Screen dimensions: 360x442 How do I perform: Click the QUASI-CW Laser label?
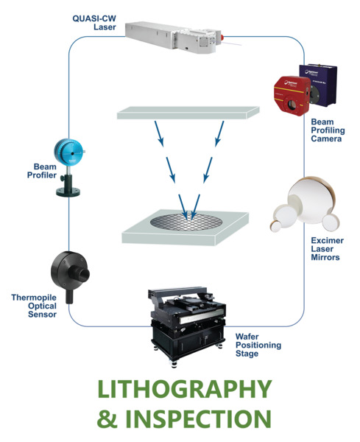coord(94,23)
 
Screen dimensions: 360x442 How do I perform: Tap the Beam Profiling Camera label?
coord(328,130)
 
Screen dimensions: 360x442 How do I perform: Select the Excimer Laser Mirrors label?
coord(328,249)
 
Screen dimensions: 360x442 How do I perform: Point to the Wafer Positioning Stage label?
coord(258,345)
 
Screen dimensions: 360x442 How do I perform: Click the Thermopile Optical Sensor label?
coord(34,306)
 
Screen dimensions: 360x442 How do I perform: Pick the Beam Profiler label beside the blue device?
coord(42,171)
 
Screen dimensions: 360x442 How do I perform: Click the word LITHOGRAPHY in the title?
coord(185,389)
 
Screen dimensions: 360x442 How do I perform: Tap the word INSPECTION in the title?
coord(198,418)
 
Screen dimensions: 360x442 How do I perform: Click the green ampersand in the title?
coord(107,419)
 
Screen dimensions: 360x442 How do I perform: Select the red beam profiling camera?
coord(292,96)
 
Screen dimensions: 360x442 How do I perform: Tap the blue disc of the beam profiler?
coord(68,152)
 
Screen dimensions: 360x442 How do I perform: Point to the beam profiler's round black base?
coord(68,192)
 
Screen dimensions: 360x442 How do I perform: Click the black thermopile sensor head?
coord(69,271)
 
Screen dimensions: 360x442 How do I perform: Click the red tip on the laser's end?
coord(222,37)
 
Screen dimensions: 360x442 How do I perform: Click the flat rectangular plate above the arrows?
coord(188,113)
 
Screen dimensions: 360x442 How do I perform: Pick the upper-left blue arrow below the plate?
coord(159,134)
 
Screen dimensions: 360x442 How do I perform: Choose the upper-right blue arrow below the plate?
coord(219,134)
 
